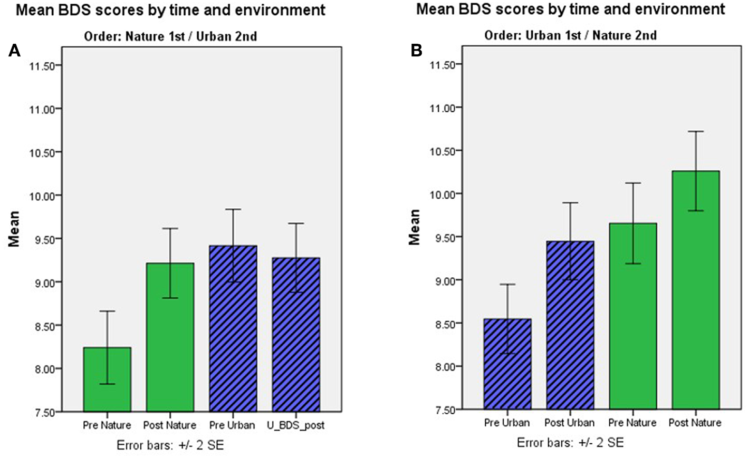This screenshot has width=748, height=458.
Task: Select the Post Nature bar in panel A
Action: (170, 337)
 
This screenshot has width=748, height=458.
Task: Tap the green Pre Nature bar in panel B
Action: (633, 316)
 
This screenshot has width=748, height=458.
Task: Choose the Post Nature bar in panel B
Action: (696, 290)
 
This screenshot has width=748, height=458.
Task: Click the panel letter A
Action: (15, 51)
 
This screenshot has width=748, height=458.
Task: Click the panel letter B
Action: (416, 51)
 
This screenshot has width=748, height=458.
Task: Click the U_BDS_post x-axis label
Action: (296, 425)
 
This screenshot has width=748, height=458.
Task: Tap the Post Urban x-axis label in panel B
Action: (570, 423)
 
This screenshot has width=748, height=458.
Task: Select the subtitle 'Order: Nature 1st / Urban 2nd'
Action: (170, 36)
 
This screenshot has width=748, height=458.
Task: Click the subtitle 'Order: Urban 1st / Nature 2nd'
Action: (571, 35)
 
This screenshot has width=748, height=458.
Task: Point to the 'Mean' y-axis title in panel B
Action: (415, 227)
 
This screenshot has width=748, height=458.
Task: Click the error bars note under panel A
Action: (170, 445)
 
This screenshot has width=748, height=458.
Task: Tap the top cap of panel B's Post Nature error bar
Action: (696, 131)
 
